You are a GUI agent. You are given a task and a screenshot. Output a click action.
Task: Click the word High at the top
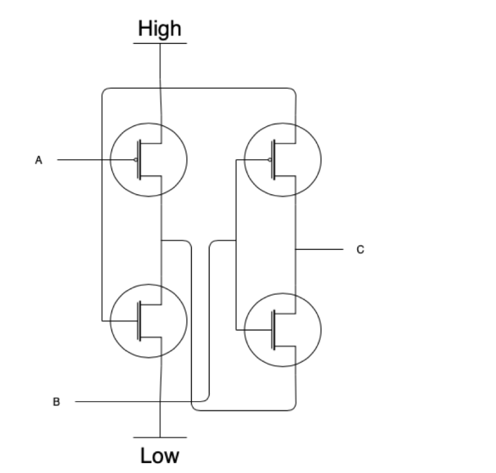pyautogui.click(x=159, y=29)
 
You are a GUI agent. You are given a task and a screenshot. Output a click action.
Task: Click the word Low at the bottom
pyautogui.click(x=160, y=455)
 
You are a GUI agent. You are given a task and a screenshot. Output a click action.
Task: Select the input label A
pyautogui.click(x=39, y=160)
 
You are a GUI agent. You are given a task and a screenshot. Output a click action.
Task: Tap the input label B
pyautogui.click(x=56, y=401)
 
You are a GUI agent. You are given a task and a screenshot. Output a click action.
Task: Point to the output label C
pyautogui.click(x=359, y=250)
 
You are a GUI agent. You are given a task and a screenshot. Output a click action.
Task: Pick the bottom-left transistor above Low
pyautogui.click(x=149, y=320)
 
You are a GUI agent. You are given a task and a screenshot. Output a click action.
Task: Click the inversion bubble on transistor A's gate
pyautogui.click(x=135, y=160)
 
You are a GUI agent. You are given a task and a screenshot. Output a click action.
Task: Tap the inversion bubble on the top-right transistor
pyautogui.click(x=269, y=160)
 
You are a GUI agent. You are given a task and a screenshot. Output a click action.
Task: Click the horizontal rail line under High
pyautogui.click(x=160, y=43)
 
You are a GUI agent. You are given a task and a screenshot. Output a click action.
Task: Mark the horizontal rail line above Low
pyautogui.click(x=160, y=437)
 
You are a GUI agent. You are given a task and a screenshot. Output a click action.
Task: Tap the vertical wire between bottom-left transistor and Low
pyautogui.click(x=161, y=395)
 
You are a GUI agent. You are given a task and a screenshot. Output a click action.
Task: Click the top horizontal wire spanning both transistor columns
pyautogui.click(x=197, y=88)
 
